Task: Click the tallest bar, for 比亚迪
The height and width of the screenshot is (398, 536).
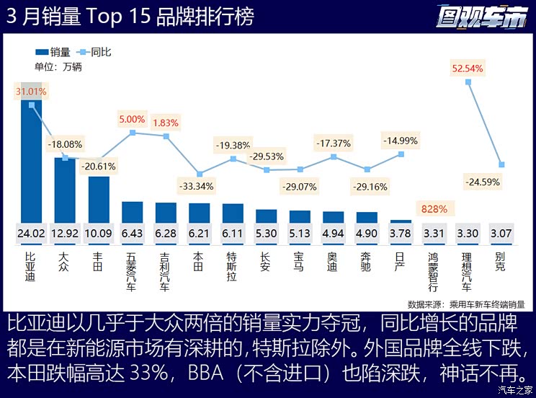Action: click(x=31, y=166)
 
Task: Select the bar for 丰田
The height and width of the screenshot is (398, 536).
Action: click(x=99, y=199)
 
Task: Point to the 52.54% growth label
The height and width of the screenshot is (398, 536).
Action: click(x=468, y=68)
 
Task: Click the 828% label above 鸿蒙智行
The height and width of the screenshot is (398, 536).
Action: click(x=434, y=209)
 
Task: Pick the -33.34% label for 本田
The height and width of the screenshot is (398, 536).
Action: click(x=200, y=187)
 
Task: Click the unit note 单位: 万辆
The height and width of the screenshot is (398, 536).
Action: click(x=58, y=67)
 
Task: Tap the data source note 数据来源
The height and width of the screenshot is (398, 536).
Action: click(x=465, y=304)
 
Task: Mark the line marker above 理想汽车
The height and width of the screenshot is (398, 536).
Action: click(x=468, y=82)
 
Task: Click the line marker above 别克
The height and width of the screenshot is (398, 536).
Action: click(x=501, y=164)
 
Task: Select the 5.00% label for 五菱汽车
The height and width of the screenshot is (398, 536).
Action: click(x=132, y=119)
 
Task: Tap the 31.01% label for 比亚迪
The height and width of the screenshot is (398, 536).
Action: click(x=31, y=92)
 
